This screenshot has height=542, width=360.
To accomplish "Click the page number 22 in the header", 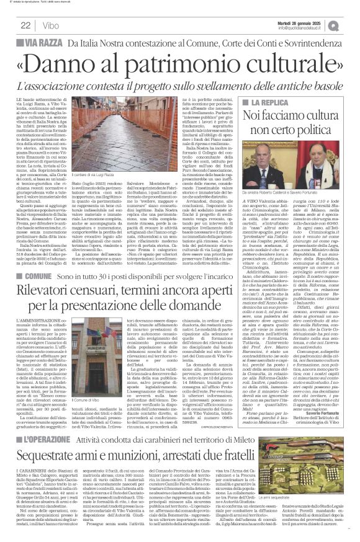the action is click(25, 25).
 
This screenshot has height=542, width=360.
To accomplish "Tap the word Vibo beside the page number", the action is click(52, 25).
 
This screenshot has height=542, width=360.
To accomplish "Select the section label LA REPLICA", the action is click(272, 101).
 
